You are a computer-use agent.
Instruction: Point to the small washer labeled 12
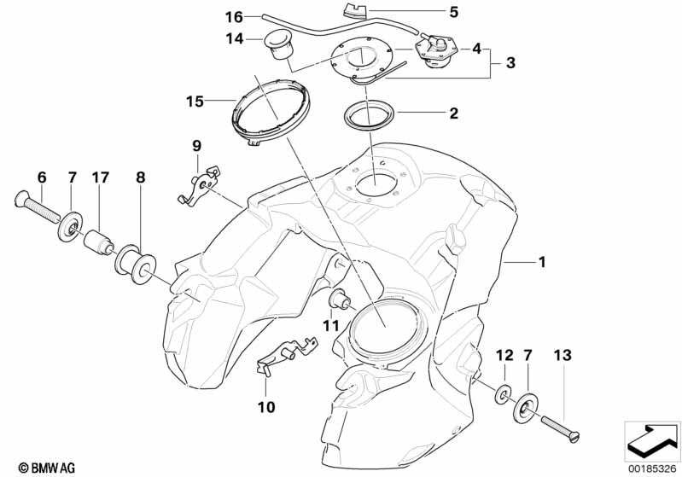click(504, 394)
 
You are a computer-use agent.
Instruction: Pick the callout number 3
click(510, 62)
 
